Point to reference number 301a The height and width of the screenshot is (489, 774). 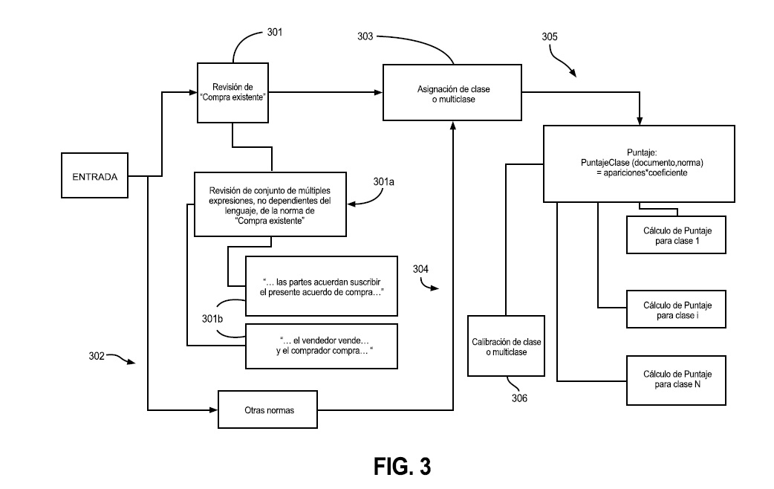click(383, 182)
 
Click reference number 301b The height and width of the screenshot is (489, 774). click(212, 319)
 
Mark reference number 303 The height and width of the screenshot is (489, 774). click(365, 36)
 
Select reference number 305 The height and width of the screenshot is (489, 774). click(550, 36)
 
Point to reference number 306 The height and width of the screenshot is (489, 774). click(519, 398)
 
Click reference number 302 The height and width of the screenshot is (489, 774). click(97, 356)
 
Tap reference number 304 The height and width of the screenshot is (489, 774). click(420, 269)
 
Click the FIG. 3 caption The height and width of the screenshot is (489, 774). click(403, 466)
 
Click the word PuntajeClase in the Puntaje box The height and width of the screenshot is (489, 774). click(605, 163)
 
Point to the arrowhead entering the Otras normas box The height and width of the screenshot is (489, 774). click(214, 409)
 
